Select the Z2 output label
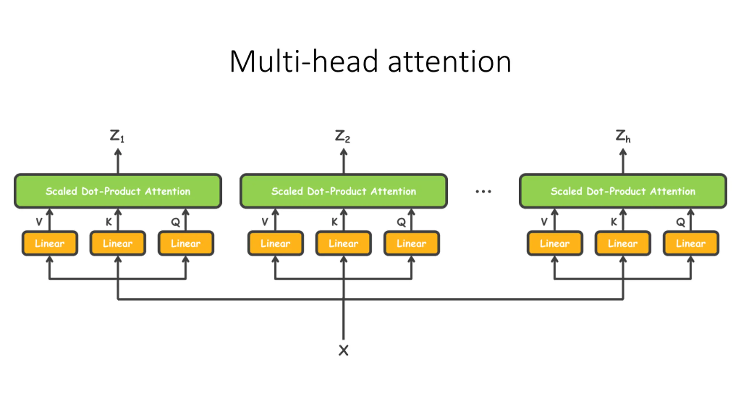[342, 136]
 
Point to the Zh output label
[623, 136]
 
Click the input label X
[344, 350]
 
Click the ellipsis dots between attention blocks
[483, 191]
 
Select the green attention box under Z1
[118, 191]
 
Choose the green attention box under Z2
[344, 191]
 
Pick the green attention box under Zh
[623, 191]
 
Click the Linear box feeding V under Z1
[50, 243]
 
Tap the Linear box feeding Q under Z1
[186, 243]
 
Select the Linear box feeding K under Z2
[344, 243]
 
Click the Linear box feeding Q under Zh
[691, 243]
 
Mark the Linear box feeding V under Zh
[555, 243]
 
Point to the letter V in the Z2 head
[265, 222]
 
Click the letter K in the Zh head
[614, 222]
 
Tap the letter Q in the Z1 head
[175, 222]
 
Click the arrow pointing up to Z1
[118, 161]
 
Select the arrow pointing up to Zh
[623, 161]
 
